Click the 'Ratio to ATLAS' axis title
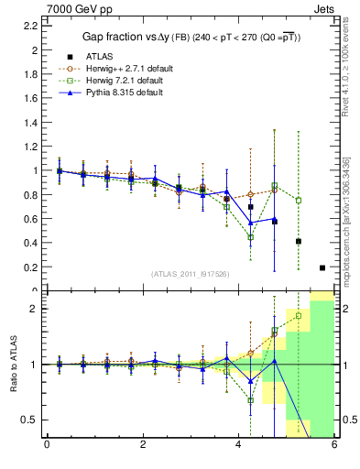click(x=12, y=365)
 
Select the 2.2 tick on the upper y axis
click(x=31, y=25)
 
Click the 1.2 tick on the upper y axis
click(x=31, y=146)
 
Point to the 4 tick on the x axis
click(x=238, y=446)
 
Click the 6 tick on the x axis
click(x=333, y=446)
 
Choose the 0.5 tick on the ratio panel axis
click(x=29, y=420)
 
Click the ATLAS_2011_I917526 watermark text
click(x=190, y=274)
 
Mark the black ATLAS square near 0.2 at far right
click(x=322, y=267)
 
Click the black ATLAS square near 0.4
click(x=299, y=242)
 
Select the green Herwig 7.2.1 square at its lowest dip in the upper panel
click(x=250, y=237)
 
